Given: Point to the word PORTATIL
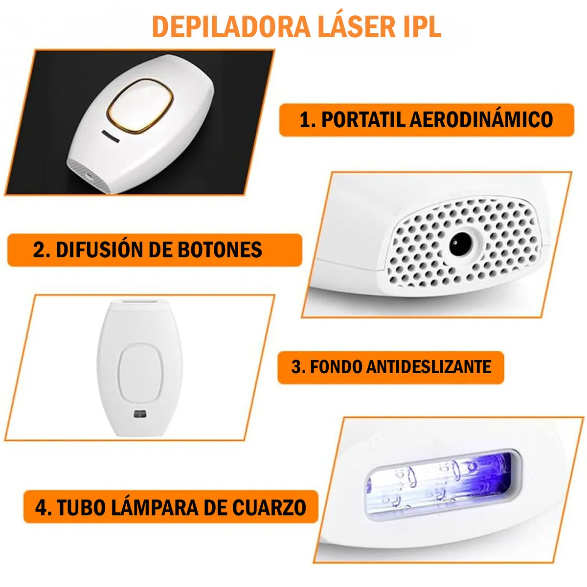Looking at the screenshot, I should pyautogui.click(x=363, y=120).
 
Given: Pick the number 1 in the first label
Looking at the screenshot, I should pyautogui.click(x=305, y=120).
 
